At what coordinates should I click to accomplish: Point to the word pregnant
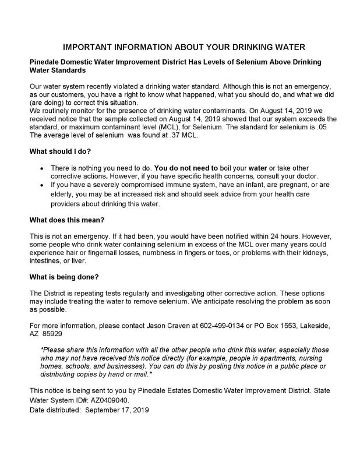(x=292, y=185)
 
